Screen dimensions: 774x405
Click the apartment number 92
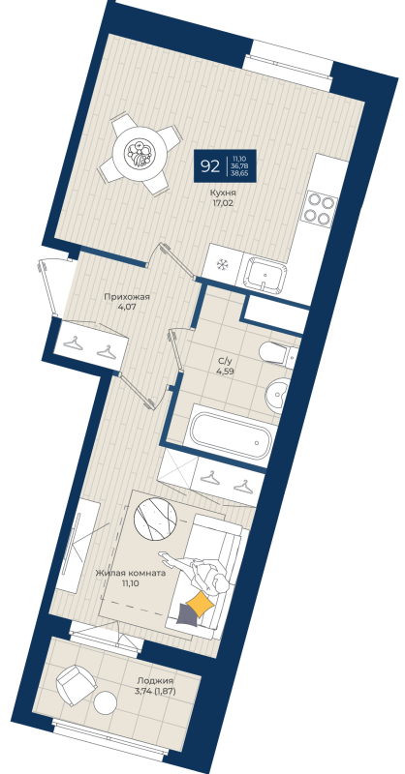tap(209, 165)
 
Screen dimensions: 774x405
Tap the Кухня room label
tap(224, 193)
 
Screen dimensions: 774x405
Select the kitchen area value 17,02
tap(224, 204)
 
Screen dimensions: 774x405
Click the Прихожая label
tap(126, 298)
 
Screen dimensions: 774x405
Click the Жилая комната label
tap(130, 574)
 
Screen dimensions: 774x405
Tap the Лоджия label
tap(154, 680)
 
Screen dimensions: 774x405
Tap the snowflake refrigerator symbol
tap(221, 262)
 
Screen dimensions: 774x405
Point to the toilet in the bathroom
tap(276, 354)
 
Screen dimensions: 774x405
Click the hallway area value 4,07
tap(126, 309)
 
